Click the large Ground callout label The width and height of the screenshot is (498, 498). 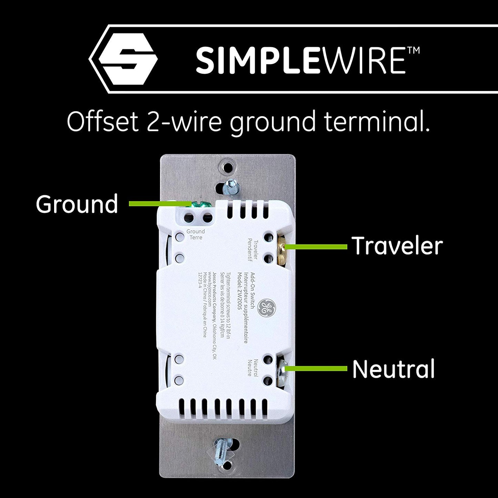point(77,204)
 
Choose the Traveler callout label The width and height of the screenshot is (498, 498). point(397,246)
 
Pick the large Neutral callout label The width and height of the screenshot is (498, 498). point(393,369)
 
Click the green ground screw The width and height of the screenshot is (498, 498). point(200,204)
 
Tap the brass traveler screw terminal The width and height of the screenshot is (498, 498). point(284,247)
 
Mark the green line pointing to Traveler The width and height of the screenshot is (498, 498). point(317,246)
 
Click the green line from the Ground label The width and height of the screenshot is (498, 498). point(159,204)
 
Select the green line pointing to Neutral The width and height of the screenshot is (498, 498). point(317,369)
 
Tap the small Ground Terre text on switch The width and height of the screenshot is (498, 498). point(195,234)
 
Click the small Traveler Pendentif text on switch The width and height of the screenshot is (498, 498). point(253,248)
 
